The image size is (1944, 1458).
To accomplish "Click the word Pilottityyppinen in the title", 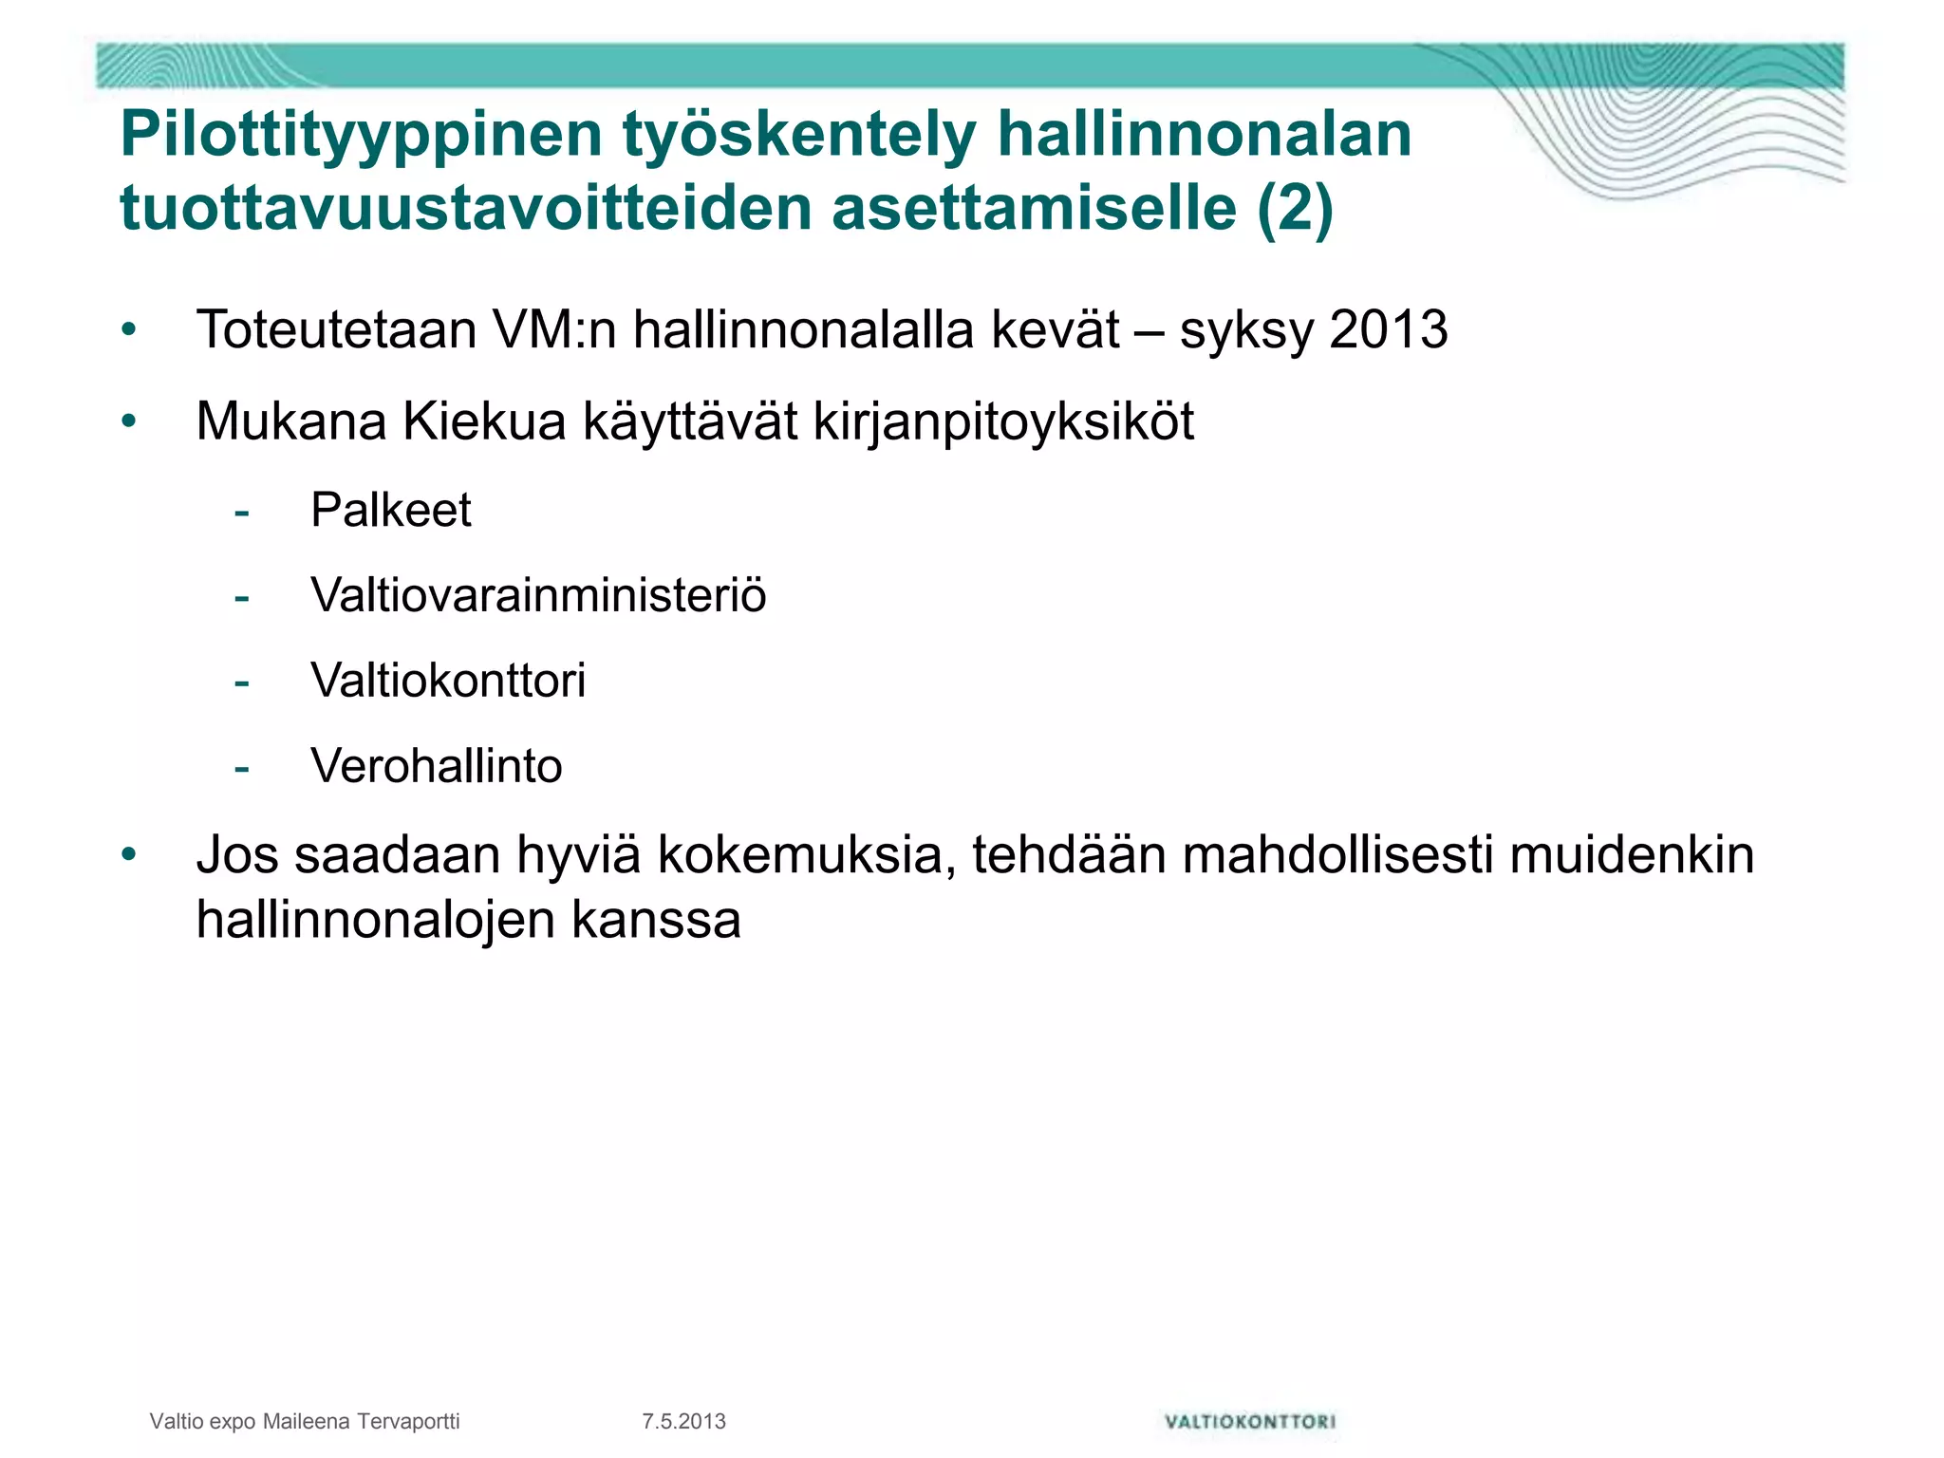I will [361, 135].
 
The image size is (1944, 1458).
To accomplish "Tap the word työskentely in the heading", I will [799, 135].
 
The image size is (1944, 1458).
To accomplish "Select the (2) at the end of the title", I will [1295, 209].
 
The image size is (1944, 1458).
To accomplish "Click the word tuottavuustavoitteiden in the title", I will [465, 209].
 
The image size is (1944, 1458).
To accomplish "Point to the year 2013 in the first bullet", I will [1389, 330].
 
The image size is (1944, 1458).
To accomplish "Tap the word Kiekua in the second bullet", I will [484, 421].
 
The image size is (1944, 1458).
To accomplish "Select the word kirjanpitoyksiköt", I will [1003, 421].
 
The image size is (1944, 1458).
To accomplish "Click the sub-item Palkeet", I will [390, 511].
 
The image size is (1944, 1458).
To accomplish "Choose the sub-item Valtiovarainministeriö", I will [538, 596].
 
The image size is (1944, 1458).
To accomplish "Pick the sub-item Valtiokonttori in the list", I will [448, 682].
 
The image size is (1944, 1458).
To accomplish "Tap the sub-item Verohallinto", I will [437, 766].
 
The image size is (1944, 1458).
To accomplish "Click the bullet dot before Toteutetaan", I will [129, 331].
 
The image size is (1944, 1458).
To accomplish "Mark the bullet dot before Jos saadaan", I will [129, 855].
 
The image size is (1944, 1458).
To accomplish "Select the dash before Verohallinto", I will [242, 767].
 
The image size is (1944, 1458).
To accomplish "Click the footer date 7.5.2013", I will [683, 1421].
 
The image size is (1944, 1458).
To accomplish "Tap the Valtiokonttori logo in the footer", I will [1249, 1421].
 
